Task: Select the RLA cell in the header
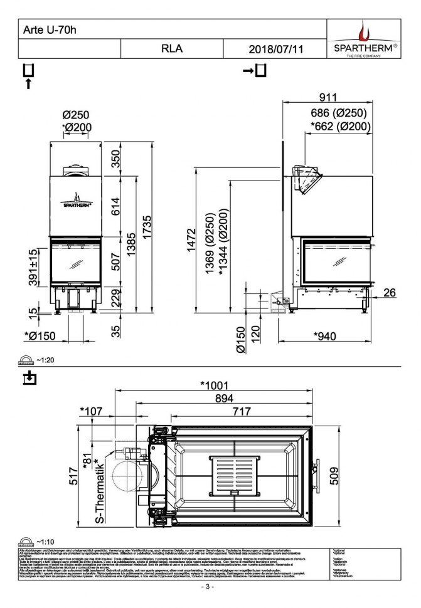pos(171,49)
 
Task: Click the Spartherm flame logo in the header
pos(364,32)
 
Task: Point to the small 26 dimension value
pos(390,293)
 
